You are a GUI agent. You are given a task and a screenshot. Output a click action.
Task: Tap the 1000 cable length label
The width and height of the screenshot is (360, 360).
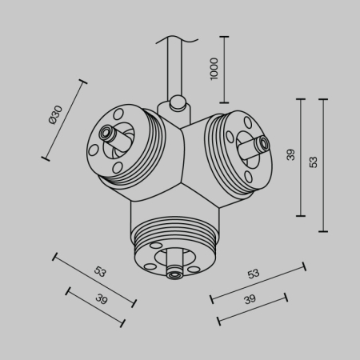(214, 70)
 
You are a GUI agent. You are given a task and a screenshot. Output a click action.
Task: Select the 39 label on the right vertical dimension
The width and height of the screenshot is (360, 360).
(291, 154)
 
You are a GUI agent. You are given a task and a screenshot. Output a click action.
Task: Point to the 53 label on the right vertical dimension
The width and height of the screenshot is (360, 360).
(313, 161)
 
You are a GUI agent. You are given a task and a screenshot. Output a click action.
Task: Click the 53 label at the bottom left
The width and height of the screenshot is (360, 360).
(100, 271)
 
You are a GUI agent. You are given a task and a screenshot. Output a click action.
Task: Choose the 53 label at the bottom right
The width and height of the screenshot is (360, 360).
(253, 274)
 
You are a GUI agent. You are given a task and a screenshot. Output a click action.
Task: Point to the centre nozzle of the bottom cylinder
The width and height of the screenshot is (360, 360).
(174, 274)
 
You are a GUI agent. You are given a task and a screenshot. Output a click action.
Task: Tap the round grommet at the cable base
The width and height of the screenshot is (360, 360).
(177, 102)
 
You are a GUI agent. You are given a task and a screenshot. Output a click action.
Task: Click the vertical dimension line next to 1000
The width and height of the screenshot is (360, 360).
(223, 69)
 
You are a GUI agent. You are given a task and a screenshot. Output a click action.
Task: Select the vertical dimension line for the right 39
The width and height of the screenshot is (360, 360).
(301, 158)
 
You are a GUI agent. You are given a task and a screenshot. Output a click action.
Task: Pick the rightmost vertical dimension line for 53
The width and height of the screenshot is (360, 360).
(323, 165)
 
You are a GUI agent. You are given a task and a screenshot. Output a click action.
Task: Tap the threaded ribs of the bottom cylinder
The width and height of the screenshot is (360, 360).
(174, 236)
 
